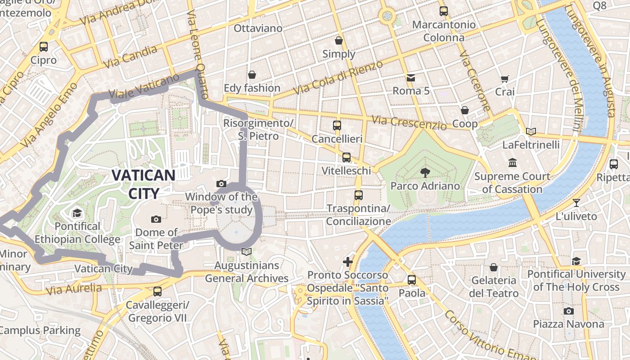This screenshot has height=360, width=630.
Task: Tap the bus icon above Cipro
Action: pos(44,46)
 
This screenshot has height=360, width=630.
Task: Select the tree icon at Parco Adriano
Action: pos(425,172)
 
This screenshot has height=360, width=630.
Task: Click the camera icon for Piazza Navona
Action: pos(568,311)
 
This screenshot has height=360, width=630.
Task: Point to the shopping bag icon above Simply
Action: pos(339,40)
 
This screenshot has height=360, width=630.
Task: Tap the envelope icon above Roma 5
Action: pos(411,78)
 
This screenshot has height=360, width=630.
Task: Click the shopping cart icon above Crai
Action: pos(504,79)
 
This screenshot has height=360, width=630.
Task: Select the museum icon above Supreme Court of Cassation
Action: pos(512,162)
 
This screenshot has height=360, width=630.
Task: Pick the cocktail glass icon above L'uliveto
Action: pos(576,202)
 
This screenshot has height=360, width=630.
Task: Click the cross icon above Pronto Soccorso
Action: pos(347,261)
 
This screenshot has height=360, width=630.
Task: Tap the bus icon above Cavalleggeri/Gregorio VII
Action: pos(157,291)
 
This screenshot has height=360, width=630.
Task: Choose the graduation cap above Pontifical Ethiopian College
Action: pos(77,213)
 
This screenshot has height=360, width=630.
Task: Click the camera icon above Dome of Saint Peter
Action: pos(156,219)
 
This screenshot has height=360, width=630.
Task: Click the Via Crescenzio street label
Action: pos(409,122)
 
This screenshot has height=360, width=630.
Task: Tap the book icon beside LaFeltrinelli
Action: pos(531,131)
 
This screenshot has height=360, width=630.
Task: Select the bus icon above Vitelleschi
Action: pos(346,157)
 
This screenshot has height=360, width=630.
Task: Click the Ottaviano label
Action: pos(258,28)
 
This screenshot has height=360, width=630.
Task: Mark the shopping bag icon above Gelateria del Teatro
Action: pos(494,267)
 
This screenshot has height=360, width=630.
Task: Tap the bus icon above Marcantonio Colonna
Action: pos(444,11)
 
